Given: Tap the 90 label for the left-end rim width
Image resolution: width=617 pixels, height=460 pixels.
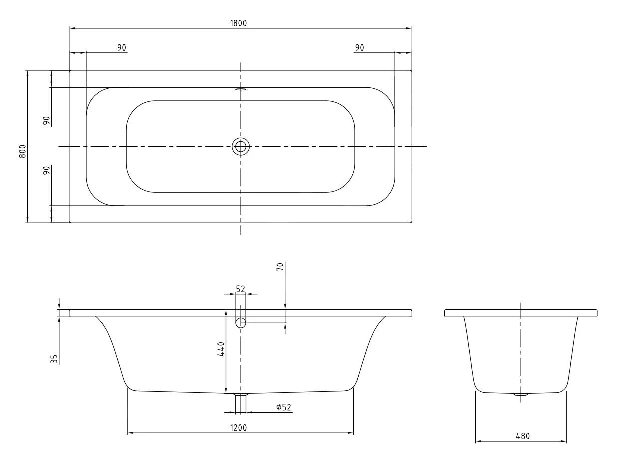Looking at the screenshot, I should [121, 47].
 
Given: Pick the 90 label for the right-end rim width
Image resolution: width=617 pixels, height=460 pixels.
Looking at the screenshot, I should [359, 47].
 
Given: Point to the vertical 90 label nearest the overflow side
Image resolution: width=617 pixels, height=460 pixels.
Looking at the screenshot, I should [46, 121].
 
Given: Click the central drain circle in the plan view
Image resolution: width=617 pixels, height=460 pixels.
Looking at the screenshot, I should [241, 146].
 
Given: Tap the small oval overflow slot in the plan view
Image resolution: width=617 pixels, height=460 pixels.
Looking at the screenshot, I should [241, 90].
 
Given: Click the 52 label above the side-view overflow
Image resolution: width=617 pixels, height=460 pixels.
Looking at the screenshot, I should [241, 289].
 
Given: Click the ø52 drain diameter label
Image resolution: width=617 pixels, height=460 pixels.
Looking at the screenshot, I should [283, 408].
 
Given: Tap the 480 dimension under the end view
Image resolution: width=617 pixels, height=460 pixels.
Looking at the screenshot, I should [522, 436].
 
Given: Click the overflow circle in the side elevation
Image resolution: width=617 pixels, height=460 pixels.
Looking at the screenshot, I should [241, 323].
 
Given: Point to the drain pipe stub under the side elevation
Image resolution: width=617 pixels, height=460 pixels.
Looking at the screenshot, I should [241, 402].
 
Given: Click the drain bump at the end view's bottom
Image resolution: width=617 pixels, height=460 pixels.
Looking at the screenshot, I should [521, 395].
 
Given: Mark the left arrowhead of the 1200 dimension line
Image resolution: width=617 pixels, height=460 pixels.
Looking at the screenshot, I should [130, 433].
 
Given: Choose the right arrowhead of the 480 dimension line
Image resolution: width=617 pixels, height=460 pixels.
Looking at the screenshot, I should [564, 441].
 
